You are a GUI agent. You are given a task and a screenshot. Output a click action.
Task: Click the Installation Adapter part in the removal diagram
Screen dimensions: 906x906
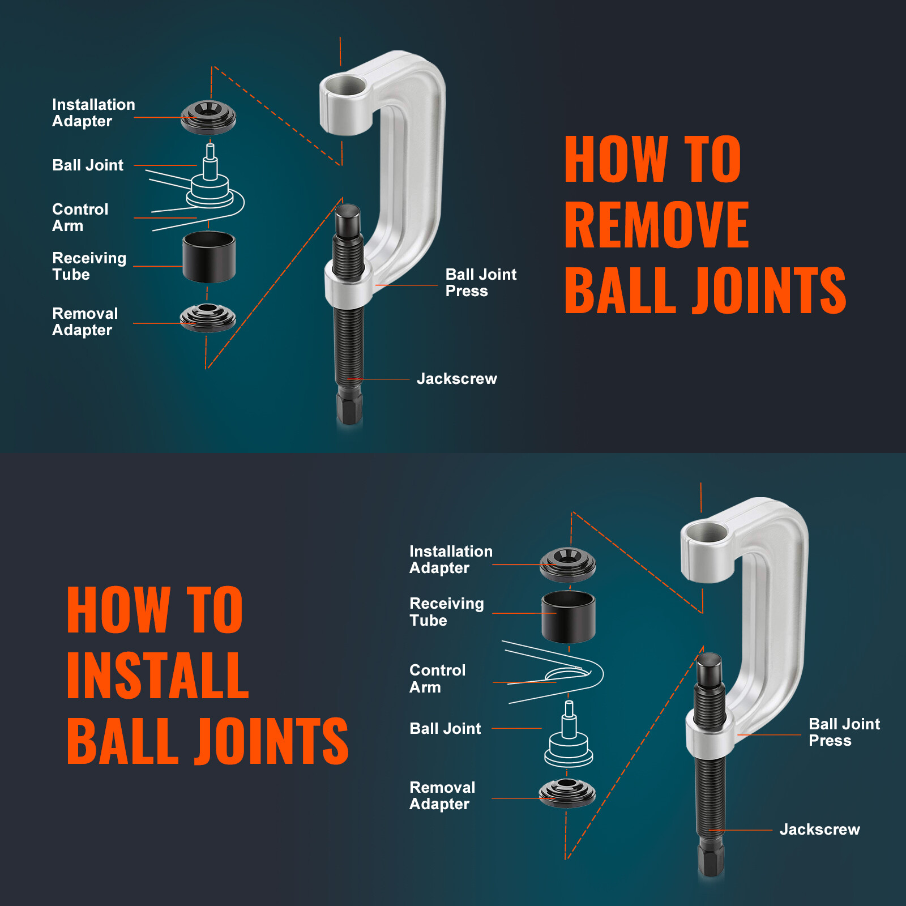tap(208, 117)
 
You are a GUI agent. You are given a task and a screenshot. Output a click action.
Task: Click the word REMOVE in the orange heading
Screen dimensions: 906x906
tap(657, 225)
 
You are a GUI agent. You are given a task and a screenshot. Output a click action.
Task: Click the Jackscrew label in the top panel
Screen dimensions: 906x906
tap(456, 379)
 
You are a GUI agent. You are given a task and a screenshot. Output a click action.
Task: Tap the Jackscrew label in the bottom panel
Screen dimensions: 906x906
tap(819, 830)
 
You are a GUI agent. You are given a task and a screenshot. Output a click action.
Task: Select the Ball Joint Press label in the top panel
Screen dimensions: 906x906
tap(480, 283)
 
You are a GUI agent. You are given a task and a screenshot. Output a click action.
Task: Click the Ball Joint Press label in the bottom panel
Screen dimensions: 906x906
tap(844, 732)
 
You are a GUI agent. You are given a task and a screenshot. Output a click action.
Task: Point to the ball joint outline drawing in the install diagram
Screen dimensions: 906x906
tap(569, 739)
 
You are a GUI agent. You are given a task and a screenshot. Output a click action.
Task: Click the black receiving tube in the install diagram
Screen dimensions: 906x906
tap(569, 617)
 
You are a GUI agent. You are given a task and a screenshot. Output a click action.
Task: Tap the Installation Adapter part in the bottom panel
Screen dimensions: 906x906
tap(567, 565)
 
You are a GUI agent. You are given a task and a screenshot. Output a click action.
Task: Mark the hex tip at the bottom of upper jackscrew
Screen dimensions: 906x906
tap(349, 408)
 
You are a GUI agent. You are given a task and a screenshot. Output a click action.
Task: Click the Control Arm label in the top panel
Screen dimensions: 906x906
tap(80, 217)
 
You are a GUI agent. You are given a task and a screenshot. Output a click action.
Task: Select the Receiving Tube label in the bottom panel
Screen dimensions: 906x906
tap(446, 612)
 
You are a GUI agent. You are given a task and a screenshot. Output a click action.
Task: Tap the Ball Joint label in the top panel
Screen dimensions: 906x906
tap(87, 165)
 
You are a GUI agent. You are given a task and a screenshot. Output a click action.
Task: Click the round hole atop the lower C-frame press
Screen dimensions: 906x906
tap(705, 535)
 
